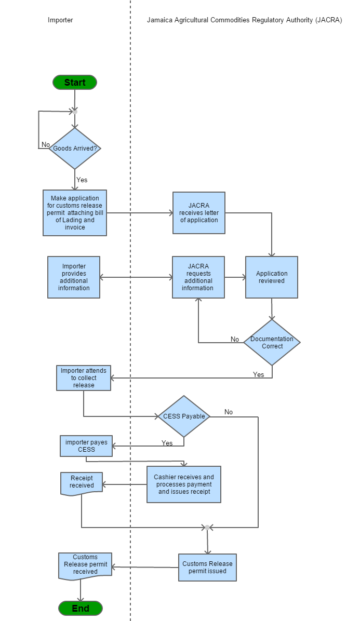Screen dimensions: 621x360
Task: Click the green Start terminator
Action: pos(75,83)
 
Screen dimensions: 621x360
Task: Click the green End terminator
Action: pos(81,609)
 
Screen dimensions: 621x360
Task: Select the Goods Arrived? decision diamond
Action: pos(75,148)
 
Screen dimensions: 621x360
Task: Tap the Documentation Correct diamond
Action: pos(272,343)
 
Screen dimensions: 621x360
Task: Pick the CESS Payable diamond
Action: pos(184,416)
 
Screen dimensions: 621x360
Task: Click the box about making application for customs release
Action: pos(75,213)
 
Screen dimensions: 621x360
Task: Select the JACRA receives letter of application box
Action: pos(199,213)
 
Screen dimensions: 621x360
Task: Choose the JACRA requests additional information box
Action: pos(198,277)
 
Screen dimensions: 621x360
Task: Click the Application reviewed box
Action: pos(272,277)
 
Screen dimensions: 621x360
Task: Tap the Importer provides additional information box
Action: pos(74,277)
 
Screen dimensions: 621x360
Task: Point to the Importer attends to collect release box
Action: pos(84,378)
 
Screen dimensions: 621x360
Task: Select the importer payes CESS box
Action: pos(86,446)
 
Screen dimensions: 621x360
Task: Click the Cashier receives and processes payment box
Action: pos(184,484)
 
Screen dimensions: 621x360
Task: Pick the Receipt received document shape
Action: pos(82,483)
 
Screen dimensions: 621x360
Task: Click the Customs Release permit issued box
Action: pos(207,568)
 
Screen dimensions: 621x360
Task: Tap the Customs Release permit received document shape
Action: pos(85,565)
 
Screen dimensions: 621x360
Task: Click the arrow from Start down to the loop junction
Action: pos(75,100)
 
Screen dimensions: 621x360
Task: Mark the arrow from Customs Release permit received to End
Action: pos(81,591)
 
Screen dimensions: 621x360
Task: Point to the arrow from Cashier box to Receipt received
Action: pos(125,485)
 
